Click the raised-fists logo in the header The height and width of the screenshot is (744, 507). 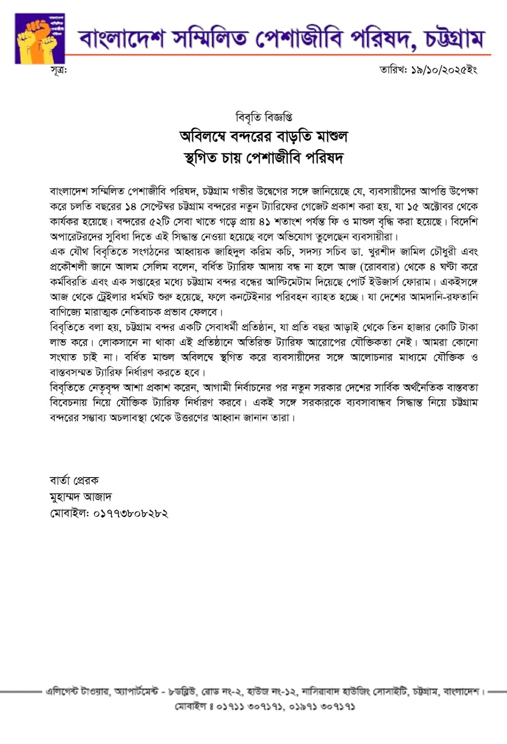pos(40,38)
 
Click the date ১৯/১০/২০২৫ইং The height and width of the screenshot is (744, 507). pos(444,70)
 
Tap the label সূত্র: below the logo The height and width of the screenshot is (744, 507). pos(59,70)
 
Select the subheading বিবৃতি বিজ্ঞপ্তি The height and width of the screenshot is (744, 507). pos(263,117)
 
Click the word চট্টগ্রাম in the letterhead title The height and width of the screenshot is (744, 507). pos(454,39)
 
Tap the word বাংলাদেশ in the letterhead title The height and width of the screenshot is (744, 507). pos(120,39)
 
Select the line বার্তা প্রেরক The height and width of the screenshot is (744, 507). pos(74,480)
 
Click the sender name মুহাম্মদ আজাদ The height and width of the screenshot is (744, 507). pos(80,497)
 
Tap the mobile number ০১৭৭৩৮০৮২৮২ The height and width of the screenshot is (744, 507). pos(131,514)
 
